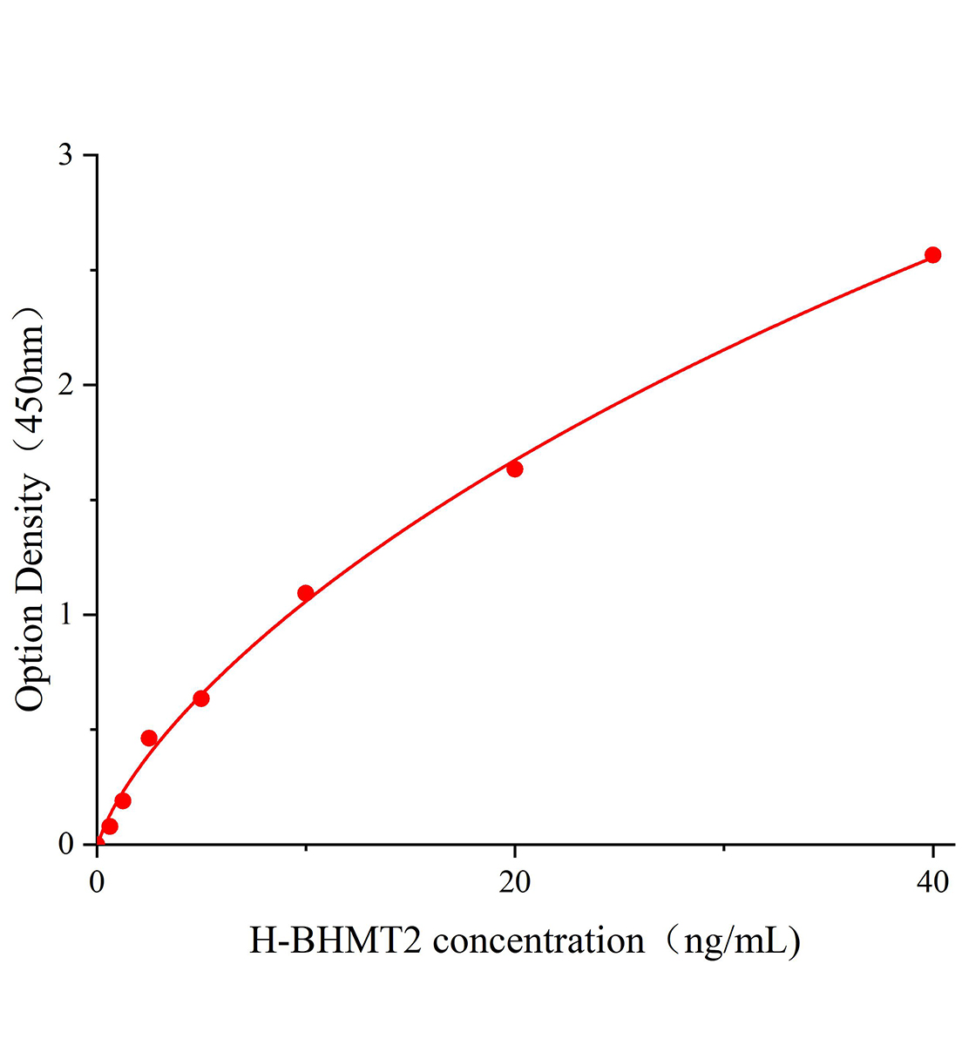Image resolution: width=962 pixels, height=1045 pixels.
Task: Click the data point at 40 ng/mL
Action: click(932, 255)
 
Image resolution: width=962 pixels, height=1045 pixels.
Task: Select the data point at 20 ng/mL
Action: click(515, 469)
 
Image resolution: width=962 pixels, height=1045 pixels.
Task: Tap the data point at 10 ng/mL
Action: click(306, 593)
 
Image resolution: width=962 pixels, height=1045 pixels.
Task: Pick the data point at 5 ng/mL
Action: click(201, 698)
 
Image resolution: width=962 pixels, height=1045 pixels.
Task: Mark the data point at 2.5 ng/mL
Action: click(149, 738)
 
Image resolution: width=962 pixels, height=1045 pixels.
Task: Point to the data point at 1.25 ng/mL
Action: click(123, 800)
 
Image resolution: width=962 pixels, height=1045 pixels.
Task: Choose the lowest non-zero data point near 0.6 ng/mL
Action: click(110, 826)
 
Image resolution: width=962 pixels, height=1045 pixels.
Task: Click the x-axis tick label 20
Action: click(515, 882)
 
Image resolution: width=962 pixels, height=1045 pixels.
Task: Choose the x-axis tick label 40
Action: click(932, 882)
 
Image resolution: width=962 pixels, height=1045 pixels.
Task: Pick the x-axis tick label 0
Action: click(98, 882)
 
